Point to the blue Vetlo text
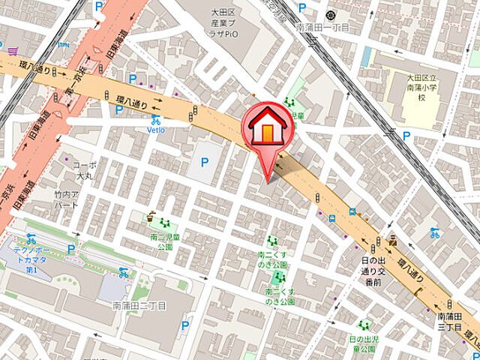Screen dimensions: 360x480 155,129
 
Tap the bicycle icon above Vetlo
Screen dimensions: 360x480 155,118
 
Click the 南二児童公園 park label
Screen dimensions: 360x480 161,241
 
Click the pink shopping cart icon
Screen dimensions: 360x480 13,52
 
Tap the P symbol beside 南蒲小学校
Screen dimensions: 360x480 406,136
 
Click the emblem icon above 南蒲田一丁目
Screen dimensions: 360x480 330,14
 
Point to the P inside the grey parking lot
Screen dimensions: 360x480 204,162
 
